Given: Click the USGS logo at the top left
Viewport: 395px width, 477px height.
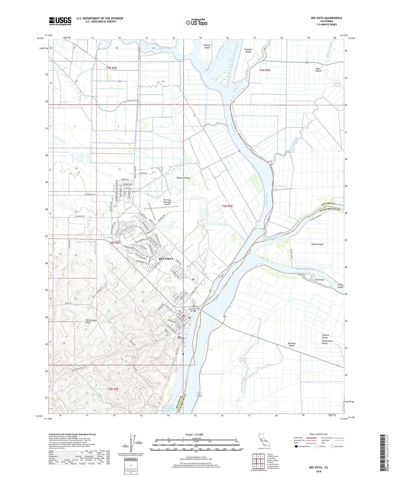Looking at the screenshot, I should pos(60,21).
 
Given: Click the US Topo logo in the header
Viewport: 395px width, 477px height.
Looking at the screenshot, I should pos(196,23).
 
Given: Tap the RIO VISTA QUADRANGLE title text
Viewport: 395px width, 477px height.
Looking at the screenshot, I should pos(326,18).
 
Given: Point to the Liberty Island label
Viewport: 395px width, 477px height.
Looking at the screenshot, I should pos(207,46).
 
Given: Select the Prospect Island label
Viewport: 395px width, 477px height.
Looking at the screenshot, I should pos(248,51).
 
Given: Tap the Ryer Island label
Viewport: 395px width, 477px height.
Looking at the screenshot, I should pos(318,70).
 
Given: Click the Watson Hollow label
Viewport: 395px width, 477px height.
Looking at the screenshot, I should pos(183,178).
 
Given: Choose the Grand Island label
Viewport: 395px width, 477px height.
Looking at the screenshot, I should pos(317,244).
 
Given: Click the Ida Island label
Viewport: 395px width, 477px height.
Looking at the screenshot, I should pos(319,280).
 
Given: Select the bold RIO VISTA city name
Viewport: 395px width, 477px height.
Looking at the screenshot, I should pos(166,259).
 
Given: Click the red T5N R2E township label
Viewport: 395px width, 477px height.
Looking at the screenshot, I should pos(111,68).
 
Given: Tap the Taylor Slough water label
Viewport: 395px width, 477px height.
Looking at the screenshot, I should pos(336,85).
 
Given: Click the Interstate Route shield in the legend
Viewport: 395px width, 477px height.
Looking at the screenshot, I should pos(296,446).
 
